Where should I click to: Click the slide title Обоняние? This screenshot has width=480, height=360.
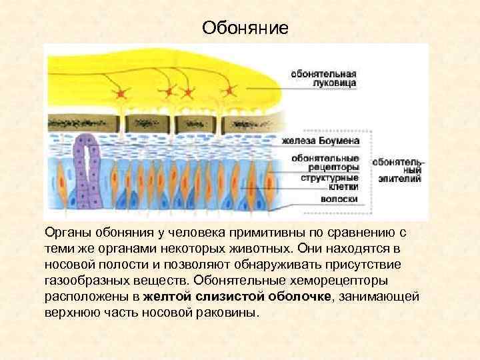click(245, 28)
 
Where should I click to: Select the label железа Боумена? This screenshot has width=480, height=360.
click(321, 141)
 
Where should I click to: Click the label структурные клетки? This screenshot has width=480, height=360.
click(329, 182)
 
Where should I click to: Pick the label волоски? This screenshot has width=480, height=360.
click(339, 199)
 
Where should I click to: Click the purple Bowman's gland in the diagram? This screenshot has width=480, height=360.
click(85, 170)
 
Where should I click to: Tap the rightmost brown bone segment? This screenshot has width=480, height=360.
click(243, 123)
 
